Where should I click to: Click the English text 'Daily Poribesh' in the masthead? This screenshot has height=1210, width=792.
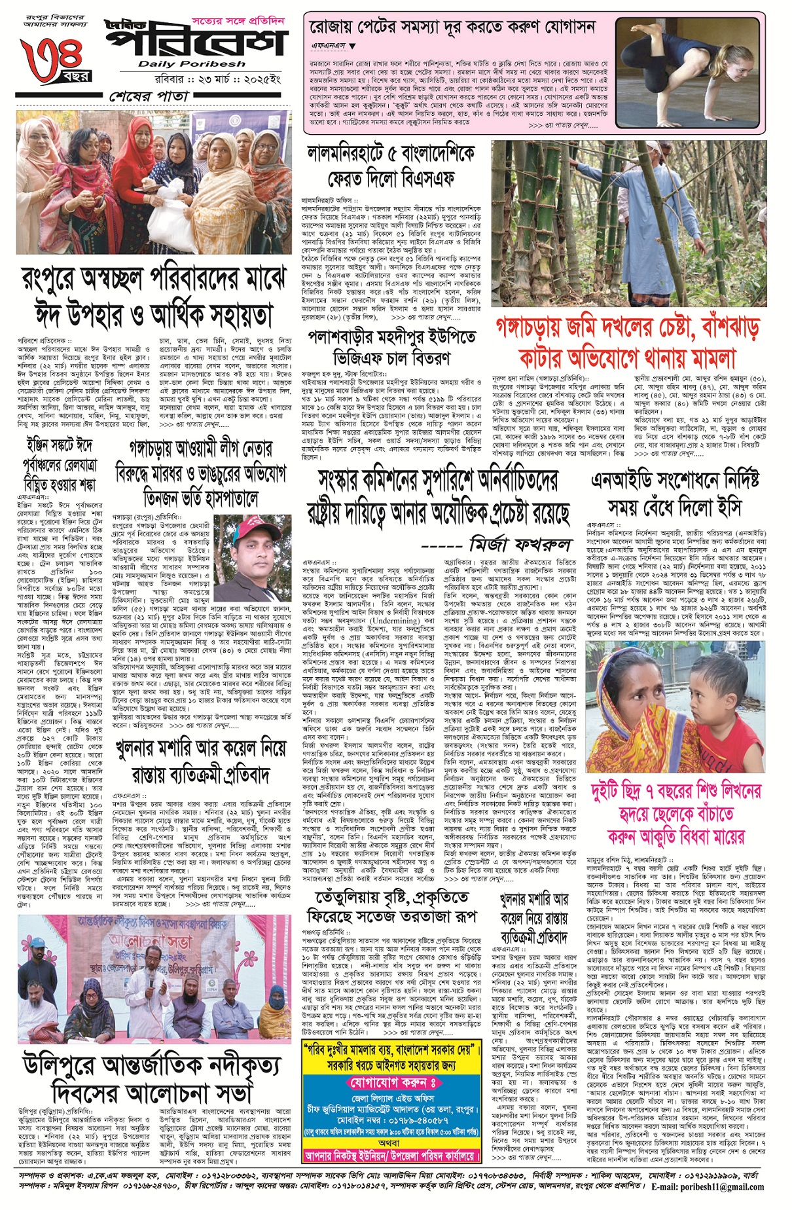192,64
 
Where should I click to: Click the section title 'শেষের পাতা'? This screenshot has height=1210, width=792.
149,96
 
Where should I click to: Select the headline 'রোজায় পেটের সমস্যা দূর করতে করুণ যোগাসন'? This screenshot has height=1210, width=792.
453,27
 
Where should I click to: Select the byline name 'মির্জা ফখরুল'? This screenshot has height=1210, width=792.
520,543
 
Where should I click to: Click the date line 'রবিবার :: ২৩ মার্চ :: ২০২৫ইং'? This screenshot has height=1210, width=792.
190,77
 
